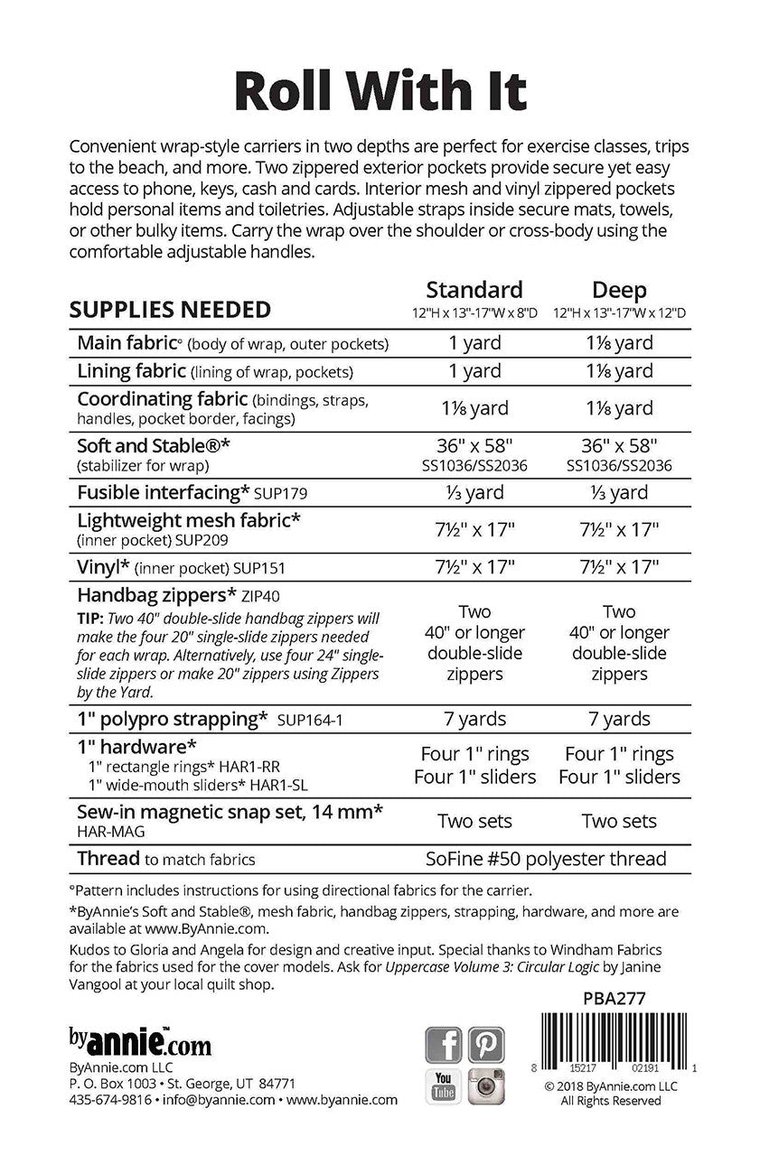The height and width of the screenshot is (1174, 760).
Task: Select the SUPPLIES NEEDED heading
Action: click(170, 310)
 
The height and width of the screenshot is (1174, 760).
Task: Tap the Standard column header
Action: click(474, 290)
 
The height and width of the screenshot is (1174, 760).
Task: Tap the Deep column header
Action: click(619, 290)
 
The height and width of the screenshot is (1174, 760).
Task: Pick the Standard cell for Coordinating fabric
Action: click(474, 408)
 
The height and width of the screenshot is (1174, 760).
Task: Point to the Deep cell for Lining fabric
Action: click(619, 371)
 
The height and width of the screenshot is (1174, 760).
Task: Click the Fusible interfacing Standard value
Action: click(474, 492)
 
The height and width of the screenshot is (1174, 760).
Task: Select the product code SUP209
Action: click(202, 540)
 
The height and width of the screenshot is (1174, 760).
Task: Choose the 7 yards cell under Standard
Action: click(474, 719)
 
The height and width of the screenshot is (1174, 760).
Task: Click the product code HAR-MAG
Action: click(107, 831)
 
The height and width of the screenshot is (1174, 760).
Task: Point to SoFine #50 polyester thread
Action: click(546, 859)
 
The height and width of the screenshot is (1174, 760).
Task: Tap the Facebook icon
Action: click(443, 1045)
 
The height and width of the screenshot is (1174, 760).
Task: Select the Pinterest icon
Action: click(486, 1045)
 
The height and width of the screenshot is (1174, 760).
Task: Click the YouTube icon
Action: click(443, 1086)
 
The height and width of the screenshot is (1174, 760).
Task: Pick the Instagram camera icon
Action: click(486, 1086)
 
